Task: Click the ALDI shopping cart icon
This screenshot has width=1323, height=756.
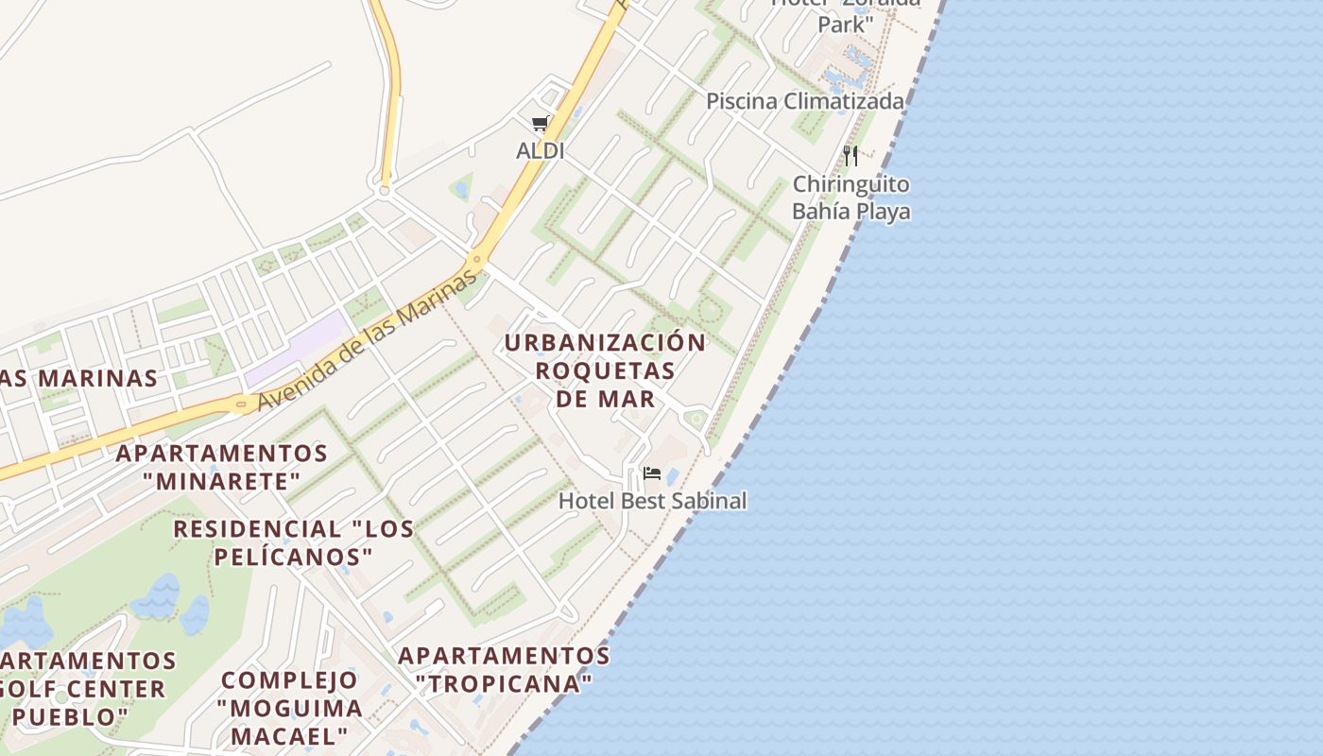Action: point(540,123)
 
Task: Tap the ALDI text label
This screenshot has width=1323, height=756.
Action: point(540,150)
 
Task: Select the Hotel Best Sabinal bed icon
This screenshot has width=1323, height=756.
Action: point(651,473)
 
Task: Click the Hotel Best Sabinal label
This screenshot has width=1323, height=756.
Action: point(652,501)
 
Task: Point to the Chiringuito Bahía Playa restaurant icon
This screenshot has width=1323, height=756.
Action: point(850,155)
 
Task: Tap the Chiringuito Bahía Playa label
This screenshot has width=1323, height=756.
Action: point(850,198)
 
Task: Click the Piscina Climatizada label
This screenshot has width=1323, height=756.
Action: point(804,101)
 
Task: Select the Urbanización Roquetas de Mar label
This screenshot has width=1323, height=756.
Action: point(605,370)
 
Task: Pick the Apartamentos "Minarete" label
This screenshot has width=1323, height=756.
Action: point(221,468)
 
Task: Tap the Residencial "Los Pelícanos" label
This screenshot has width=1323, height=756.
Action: point(293,542)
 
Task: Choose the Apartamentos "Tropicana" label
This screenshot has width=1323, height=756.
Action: point(504,668)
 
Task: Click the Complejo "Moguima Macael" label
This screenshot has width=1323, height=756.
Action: point(289,708)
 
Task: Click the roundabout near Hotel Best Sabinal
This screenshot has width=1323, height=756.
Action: point(696,418)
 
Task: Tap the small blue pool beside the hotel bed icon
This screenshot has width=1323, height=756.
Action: point(672,476)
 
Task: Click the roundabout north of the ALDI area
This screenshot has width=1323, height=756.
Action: point(384,190)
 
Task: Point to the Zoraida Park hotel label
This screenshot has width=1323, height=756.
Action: point(843,13)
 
